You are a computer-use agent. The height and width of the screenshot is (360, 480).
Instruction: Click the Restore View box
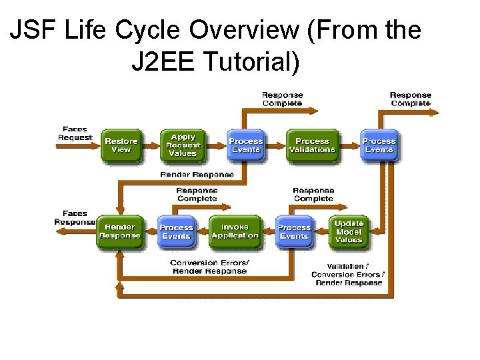point(121,145)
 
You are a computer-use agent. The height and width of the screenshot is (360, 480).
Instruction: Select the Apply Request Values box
point(183,145)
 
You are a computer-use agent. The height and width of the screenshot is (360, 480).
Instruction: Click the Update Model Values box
point(349,231)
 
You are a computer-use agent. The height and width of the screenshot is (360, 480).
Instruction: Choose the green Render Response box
point(120,231)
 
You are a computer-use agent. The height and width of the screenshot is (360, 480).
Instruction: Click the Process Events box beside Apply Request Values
point(246,145)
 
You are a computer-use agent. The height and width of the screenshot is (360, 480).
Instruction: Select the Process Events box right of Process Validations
point(379,145)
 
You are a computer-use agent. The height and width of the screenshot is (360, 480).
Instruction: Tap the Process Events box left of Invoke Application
point(177,231)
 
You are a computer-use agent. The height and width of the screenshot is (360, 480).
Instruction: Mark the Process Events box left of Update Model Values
point(294,231)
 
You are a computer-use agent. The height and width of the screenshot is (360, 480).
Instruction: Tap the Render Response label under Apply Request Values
point(197,175)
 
